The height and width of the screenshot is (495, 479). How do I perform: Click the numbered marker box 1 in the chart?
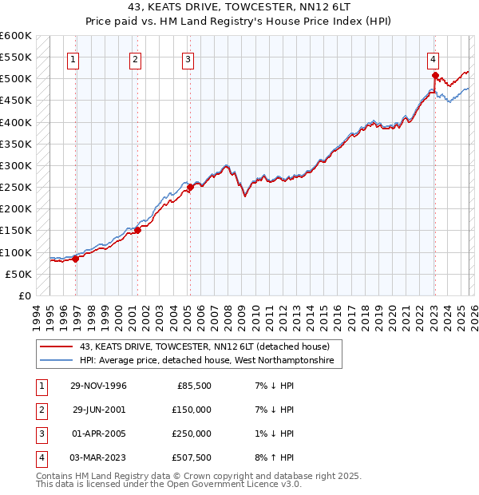click(73, 58)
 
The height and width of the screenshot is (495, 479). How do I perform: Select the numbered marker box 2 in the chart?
click(136, 58)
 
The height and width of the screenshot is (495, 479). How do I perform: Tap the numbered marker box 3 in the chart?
click(188, 58)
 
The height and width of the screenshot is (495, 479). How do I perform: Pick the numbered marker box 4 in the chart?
click(432, 58)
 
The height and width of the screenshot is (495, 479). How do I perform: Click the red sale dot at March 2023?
click(435, 77)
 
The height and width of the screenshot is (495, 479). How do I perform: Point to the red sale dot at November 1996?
click(76, 259)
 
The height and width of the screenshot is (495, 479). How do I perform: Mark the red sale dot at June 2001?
click(137, 231)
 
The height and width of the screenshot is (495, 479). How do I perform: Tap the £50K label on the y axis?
click(19, 274)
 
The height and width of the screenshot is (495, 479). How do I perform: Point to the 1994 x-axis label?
click(37, 315)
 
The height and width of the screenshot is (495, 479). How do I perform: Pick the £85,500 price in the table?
click(193, 386)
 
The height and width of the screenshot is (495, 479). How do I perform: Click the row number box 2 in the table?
click(40, 410)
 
